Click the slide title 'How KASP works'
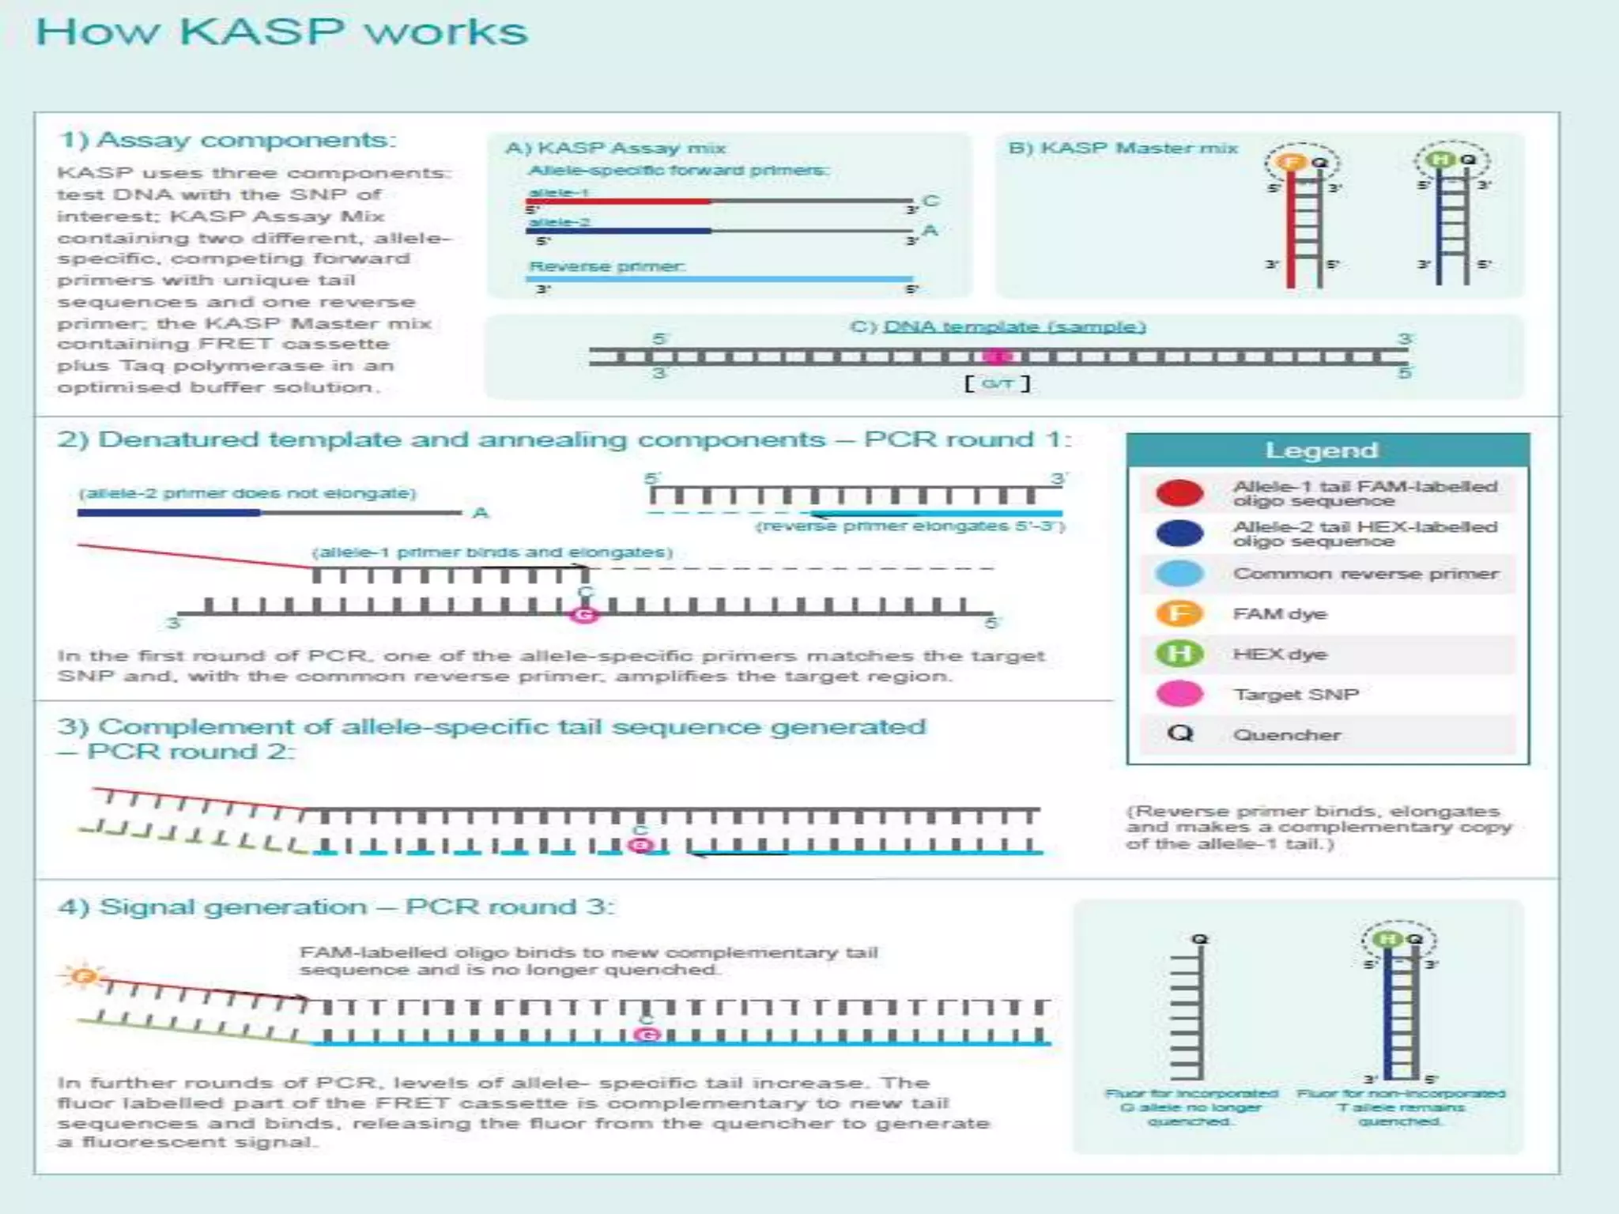click(x=281, y=33)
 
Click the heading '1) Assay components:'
click(x=227, y=140)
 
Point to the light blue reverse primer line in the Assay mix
click(x=719, y=279)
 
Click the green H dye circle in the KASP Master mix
click(x=1440, y=160)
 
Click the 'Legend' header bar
click(x=1327, y=451)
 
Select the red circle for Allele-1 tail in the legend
click(x=1179, y=492)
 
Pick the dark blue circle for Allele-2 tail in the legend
click(x=1179, y=533)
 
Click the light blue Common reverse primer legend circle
click(x=1179, y=574)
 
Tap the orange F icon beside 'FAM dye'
click(x=1179, y=614)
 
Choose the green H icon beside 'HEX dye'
click(x=1179, y=654)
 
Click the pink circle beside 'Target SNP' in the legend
click(x=1179, y=694)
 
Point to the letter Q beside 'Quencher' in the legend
click(x=1179, y=733)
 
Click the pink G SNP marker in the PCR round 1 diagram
click(x=584, y=614)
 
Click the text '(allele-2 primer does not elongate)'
click(x=247, y=493)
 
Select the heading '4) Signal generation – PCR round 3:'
click(x=336, y=907)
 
